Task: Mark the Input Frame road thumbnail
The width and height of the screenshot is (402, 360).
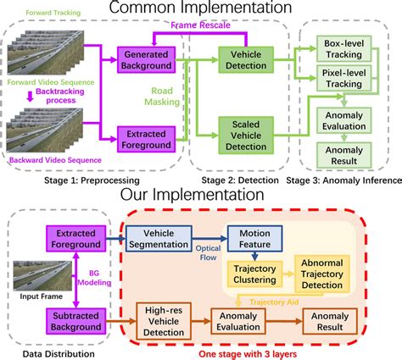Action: [x=38, y=274]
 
